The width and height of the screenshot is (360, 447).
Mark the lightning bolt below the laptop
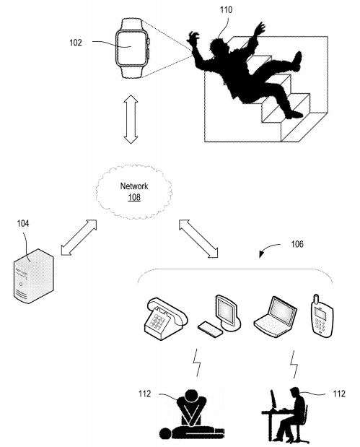tap(294, 362)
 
